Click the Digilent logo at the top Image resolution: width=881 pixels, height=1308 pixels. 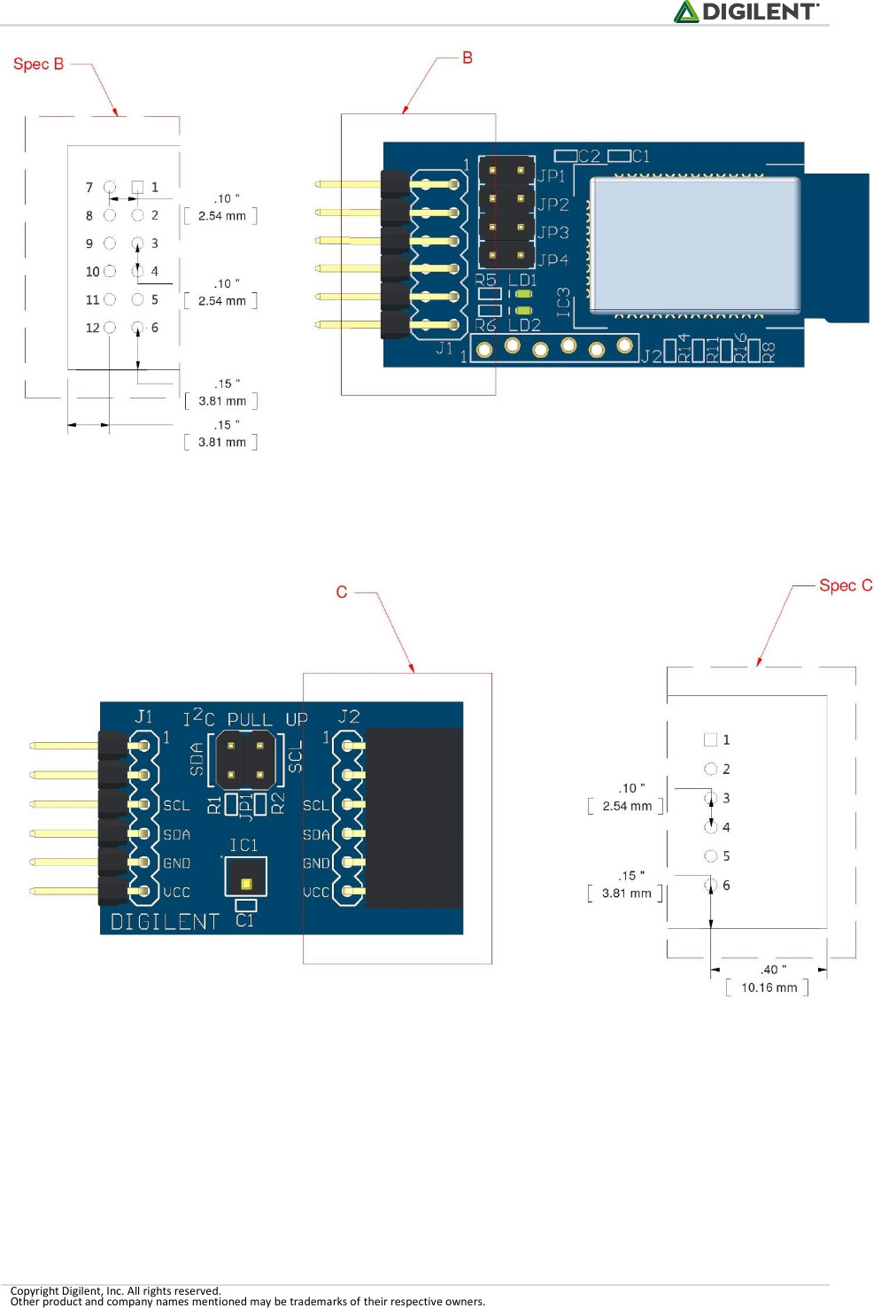(x=746, y=12)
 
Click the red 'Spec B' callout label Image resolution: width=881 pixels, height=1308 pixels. (x=38, y=64)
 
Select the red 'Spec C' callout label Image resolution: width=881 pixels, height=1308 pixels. (x=845, y=585)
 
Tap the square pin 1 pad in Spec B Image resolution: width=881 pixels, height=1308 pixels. (x=137, y=187)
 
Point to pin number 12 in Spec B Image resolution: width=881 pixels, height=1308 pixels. (x=92, y=328)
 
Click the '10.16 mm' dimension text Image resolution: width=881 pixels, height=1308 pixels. (x=769, y=987)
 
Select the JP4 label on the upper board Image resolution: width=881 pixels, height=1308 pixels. (x=553, y=260)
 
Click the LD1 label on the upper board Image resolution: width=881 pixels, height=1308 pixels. (x=522, y=280)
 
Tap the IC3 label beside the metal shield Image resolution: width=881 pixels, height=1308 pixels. (x=563, y=302)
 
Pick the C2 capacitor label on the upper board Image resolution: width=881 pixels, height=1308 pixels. (x=590, y=157)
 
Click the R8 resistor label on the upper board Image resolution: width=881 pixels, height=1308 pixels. (x=769, y=352)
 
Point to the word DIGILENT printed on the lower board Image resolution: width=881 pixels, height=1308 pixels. (x=165, y=922)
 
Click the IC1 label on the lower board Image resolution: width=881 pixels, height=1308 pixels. (x=243, y=846)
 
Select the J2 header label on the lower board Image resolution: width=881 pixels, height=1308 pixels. (x=349, y=716)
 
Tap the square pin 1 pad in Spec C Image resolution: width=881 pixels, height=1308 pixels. (x=710, y=739)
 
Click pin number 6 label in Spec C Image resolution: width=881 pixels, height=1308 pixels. (x=726, y=886)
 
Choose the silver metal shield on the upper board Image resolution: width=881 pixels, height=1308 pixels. (x=695, y=244)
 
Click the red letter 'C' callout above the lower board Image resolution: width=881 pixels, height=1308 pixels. (x=342, y=592)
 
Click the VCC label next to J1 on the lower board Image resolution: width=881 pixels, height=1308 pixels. (x=176, y=892)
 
